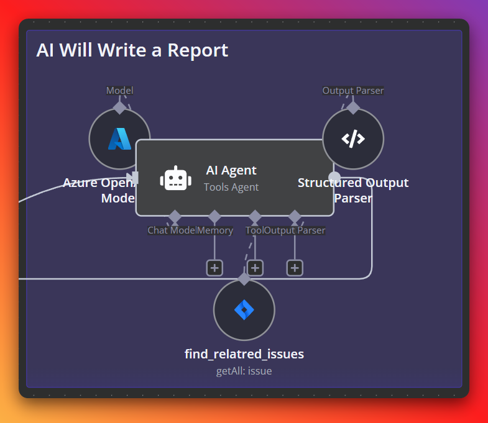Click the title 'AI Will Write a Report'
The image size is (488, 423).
click(x=132, y=50)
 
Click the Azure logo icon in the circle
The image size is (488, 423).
click(x=119, y=139)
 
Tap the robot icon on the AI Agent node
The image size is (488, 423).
click(x=175, y=178)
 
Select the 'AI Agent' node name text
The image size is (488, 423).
click(x=231, y=170)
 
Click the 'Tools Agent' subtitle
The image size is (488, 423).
click(x=231, y=187)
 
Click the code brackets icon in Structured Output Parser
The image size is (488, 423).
click(x=353, y=139)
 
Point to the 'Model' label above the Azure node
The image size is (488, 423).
click(x=119, y=91)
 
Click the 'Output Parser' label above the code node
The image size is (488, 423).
click(x=353, y=91)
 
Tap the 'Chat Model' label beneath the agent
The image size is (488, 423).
click(x=172, y=230)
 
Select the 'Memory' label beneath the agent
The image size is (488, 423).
click(x=215, y=230)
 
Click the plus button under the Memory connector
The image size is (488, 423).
click(x=214, y=268)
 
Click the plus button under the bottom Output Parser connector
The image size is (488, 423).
click(x=295, y=268)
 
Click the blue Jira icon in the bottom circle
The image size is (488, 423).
click(x=244, y=309)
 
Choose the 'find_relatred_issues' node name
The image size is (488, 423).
click(x=244, y=355)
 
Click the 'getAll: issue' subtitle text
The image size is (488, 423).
click(x=244, y=371)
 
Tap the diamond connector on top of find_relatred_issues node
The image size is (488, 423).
click(x=244, y=279)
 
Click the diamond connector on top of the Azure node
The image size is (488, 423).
click(x=119, y=107)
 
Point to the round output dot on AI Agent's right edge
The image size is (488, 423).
click(x=334, y=176)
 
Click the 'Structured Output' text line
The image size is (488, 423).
click(x=353, y=183)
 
